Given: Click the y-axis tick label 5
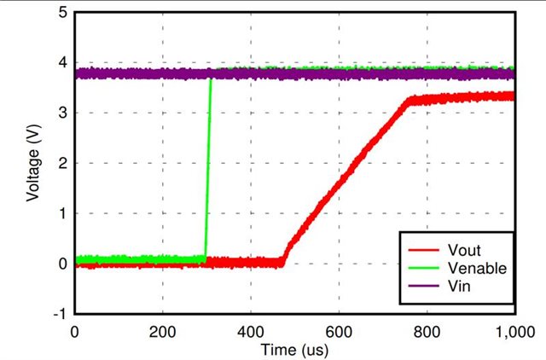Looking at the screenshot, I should [63, 13].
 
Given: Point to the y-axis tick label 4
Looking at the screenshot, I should [63, 63].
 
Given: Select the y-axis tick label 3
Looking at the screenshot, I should [63, 113].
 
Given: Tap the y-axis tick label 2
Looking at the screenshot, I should [63, 163].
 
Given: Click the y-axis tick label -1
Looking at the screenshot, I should [61, 313].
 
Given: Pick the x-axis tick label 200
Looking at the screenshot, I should [162, 331].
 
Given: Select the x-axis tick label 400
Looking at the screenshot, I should [250, 331].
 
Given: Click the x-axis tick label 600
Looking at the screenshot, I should [339, 331].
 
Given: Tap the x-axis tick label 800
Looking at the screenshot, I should [427, 331].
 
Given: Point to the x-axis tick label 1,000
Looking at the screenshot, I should [513, 331].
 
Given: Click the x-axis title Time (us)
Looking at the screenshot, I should [294, 348].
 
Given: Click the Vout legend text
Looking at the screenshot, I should [464, 251].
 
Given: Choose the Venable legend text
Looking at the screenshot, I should [477, 268].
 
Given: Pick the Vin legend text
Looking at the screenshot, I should [458, 286].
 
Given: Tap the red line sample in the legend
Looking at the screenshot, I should [421, 251].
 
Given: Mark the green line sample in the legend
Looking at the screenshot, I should [421, 268].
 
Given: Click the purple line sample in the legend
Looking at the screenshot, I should [421, 286].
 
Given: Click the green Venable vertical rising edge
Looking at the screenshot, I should [208, 171].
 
